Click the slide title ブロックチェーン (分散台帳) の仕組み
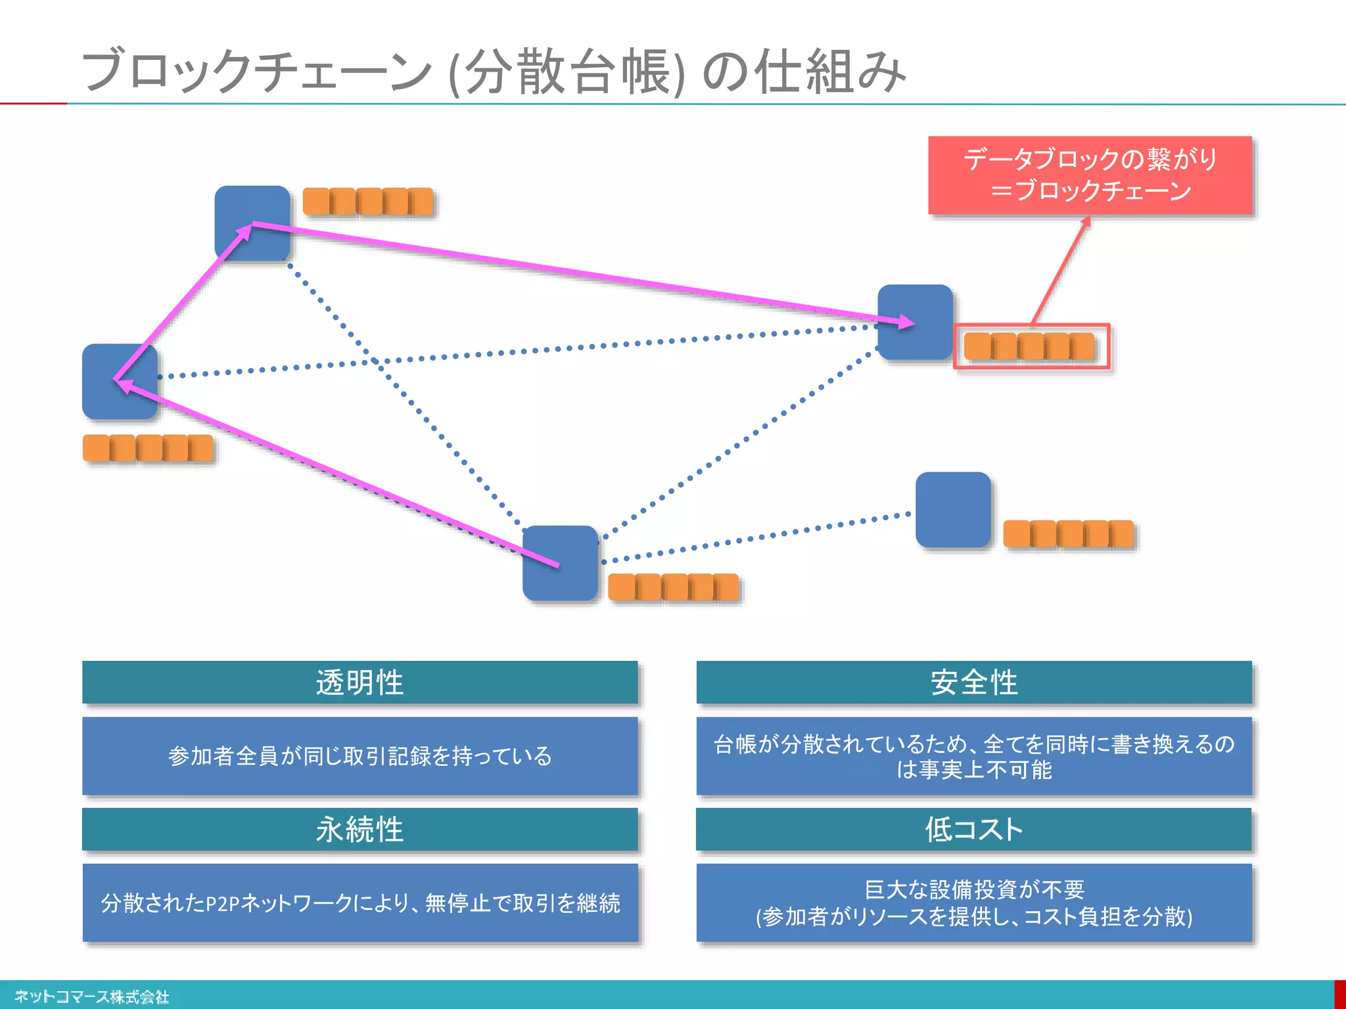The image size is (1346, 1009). click(x=493, y=71)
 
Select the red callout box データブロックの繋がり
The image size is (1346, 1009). click(x=1090, y=175)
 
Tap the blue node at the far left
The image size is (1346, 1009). click(x=120, y=381)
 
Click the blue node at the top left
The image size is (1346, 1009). click(x=252, y=222)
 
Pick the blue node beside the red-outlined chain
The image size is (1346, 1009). click(x=915, y=322)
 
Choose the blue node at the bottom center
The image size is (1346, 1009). click(x=560, y=563)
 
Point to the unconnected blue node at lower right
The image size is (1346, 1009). click(x=953, y=509)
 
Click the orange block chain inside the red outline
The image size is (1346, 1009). click(x=1029, y=346)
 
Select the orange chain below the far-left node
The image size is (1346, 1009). click(x=148, y=448)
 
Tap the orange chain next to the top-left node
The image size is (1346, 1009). click(x=368, y=201)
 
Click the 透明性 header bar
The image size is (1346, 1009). click(x=360, y=683)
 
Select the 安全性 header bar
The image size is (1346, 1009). click(x=974, y=683)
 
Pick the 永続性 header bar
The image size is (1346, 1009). click(x=360, y=829)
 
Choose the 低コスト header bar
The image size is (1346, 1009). click(x=974, y=829)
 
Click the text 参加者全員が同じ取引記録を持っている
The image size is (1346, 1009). click(x=360, y=756)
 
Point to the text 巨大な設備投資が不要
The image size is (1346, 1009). click(x=974, y=889)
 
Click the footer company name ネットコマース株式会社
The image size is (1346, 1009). click(x=92, y=997)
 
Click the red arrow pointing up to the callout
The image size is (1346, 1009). click(x=1059, y=269)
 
